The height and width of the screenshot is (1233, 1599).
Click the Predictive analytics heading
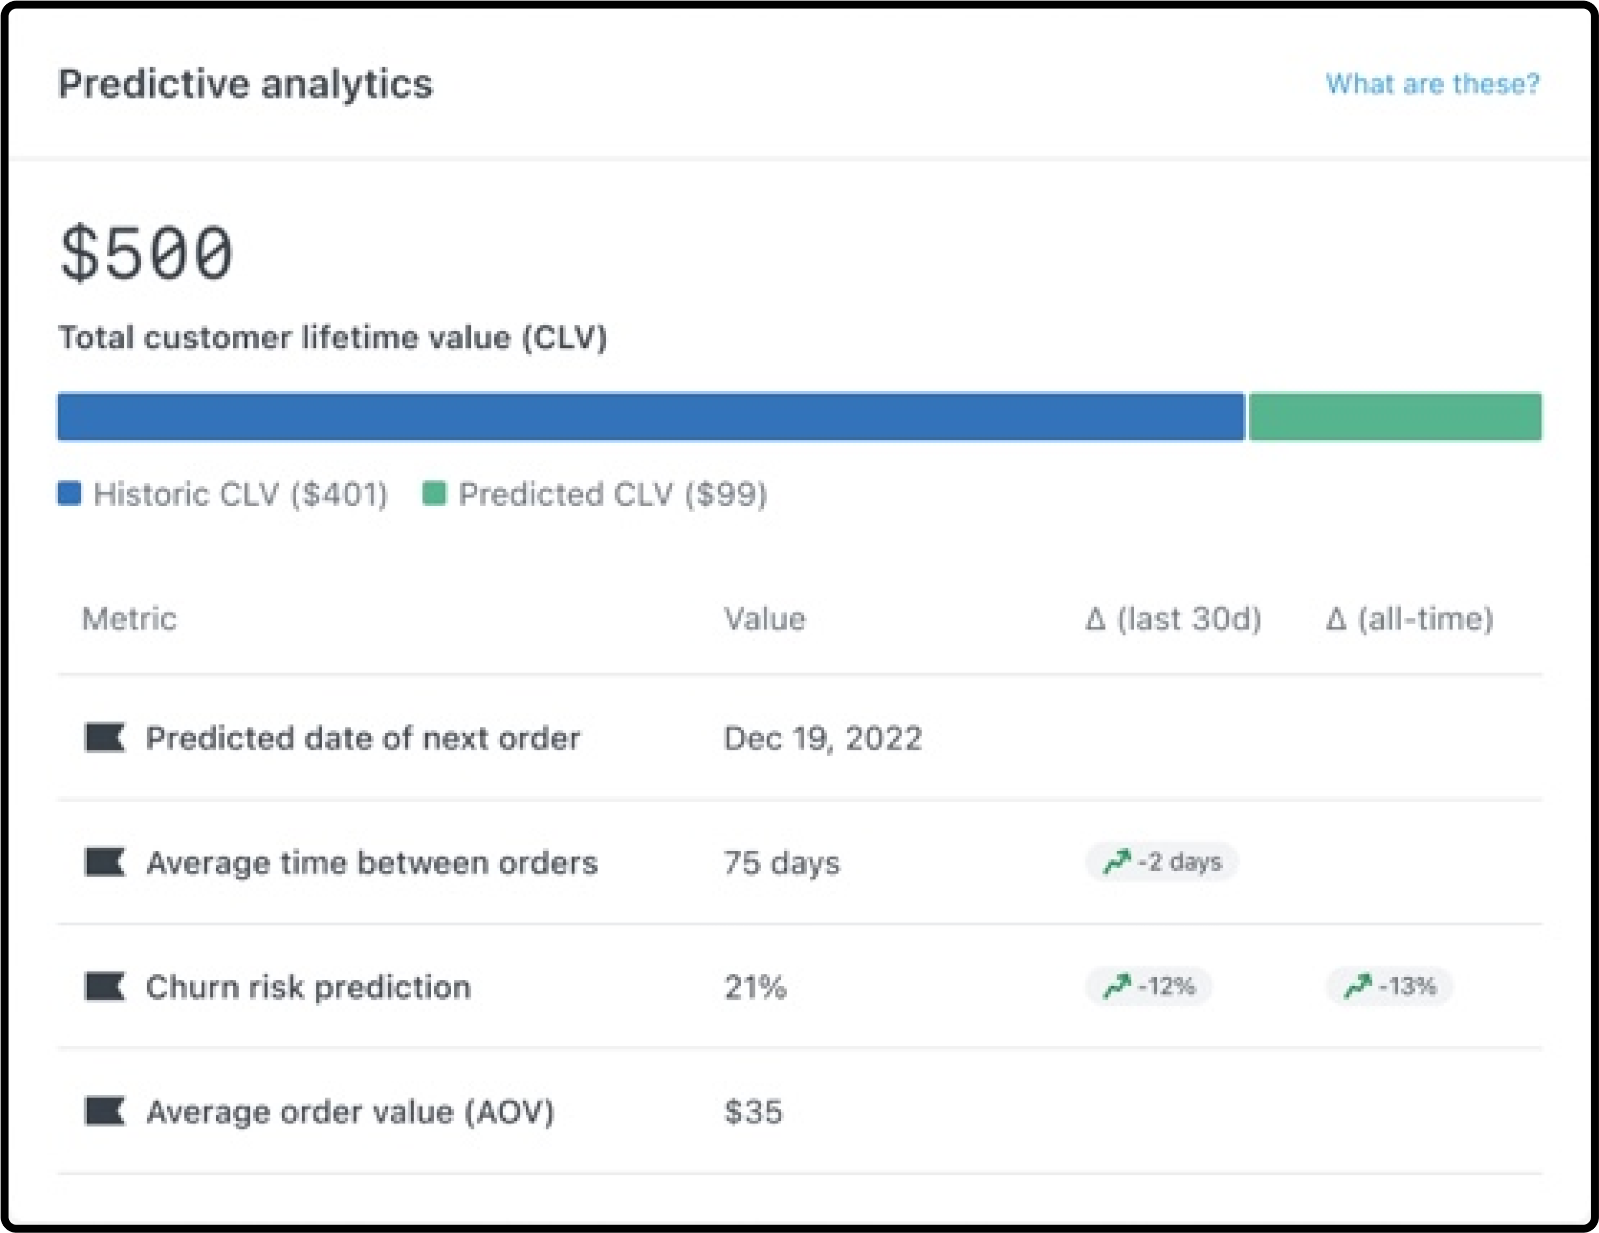coord(245,84)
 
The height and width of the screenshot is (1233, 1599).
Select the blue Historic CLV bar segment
coord(650,417)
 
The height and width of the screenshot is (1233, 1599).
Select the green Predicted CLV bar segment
coord(1395,417)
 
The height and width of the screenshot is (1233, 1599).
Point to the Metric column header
coord(129,619)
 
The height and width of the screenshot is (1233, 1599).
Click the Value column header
coord(764,619)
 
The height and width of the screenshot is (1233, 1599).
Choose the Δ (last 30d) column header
coord(1173,619)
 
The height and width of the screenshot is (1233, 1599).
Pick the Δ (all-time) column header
coord(1410,619)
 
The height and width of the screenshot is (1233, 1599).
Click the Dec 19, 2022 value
coord(822,738)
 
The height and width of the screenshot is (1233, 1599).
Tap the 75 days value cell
coord(781,862)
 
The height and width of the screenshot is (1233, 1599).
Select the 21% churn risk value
coord(755,987)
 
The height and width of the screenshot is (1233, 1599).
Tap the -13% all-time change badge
coord(1390,986)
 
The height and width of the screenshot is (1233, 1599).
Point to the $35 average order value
coord(753,1111)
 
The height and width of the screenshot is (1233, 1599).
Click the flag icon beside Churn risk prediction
coord(105,986)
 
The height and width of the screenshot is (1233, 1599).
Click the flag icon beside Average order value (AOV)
coord(105,1111)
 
